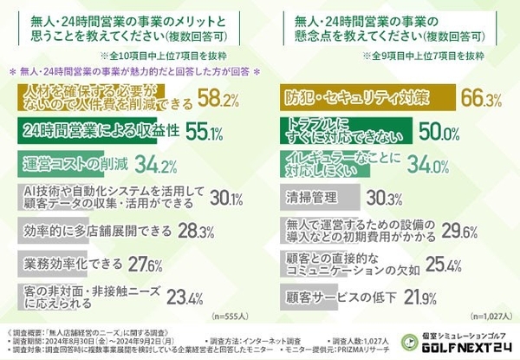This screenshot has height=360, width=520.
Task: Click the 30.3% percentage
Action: pos(383,196)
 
